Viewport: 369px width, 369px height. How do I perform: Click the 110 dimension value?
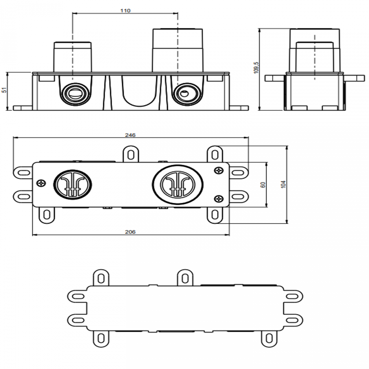point(125,11)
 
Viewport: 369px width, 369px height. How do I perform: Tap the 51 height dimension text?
point(4,91)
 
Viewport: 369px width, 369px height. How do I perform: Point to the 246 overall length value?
point(130,135)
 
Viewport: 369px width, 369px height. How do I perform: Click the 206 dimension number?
point(130,232)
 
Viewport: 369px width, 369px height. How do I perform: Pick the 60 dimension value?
point(263,184)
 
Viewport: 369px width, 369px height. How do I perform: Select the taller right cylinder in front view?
point(178,50)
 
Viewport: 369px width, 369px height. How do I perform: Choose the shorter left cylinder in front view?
point(73,57)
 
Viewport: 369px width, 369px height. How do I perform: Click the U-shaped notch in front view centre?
point(139,91)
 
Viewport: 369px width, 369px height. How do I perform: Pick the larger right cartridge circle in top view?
point(178,184)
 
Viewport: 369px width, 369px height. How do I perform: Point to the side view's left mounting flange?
point(274,78)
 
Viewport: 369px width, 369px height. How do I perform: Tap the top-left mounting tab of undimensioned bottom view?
point(101,277)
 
